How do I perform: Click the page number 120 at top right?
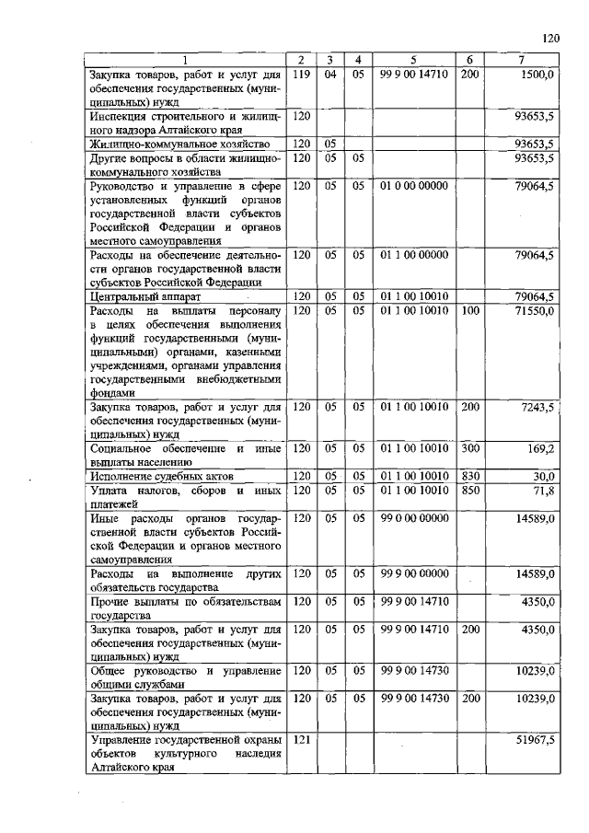coord(550,38)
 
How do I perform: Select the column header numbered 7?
coord(522,61)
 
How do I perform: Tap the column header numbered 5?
coord(413,61)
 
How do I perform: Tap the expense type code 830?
coord(468,476)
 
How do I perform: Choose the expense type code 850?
coord(468,491)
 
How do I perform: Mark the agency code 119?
coord(300,74)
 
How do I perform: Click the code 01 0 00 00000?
coord(413,185)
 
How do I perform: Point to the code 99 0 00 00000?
coord(413,518)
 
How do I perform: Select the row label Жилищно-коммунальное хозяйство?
coord(179,144)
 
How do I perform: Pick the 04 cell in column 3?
coord(329,74)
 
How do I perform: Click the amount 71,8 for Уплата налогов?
coord(543,491)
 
